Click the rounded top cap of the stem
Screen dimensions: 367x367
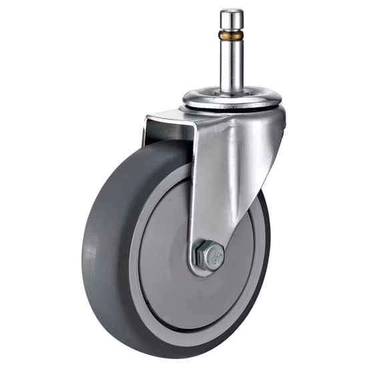point(232,14)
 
